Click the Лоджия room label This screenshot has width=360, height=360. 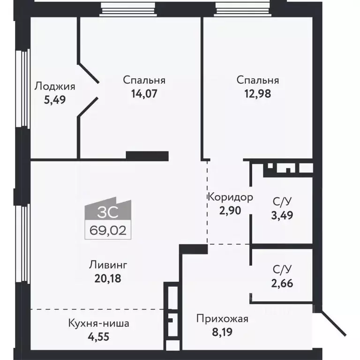55,86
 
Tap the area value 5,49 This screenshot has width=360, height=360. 54,99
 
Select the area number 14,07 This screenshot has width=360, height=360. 144,93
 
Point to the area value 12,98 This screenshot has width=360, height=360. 257,93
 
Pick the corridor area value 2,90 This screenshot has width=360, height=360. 230,210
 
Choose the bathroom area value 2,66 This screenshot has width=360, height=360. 283,283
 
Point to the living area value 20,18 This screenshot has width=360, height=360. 108,278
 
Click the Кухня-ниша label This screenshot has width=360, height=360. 98,323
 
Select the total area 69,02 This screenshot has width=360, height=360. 108,230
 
